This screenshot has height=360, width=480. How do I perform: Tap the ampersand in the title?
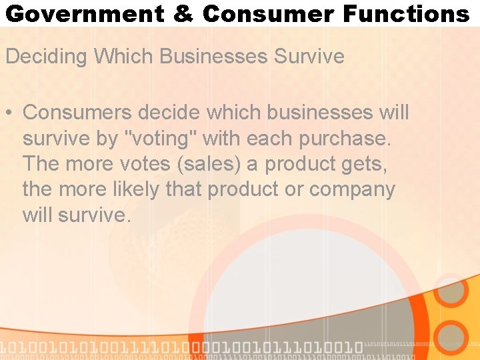(x=183, y=13)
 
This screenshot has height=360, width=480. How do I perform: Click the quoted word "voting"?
(x=161, y=139)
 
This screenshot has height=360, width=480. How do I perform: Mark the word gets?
(x=364, y=164)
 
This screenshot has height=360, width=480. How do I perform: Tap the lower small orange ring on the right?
(x=451, y=338)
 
